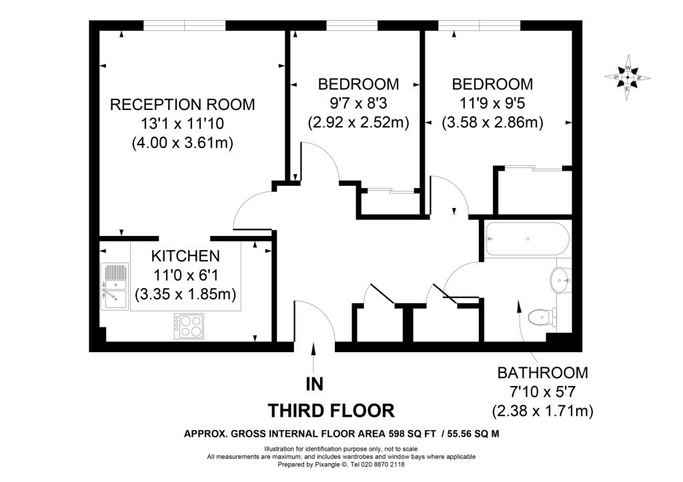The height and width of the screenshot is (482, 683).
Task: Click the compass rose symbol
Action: pyautogui.click(x=628, y=78)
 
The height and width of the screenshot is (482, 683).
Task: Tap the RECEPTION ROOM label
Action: pyautogui.click(x=182, y=105)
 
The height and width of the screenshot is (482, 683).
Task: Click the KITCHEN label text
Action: pyautogui.click(x=185, y=256)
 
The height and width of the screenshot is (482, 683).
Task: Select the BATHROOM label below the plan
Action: pyautogui.click(x=542, y=373)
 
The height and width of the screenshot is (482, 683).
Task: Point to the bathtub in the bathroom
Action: pyautogui.click(x=527, y=239)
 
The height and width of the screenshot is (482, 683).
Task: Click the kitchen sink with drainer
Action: pyautogui.click(x=115, y=286)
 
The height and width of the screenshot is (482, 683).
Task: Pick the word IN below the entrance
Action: pyautogui.click(x=314, y=384)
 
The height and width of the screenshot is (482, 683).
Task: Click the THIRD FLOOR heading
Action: pyautogui.click(x=331, y=409)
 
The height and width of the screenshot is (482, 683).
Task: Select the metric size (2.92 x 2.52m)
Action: pyautogui.click(x=358, y=123)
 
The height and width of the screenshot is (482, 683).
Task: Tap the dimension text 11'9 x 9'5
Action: pyautogui.click(x=492, y=103)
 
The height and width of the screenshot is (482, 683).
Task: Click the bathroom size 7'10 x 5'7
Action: pyautogui.click(x=542, y=392)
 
